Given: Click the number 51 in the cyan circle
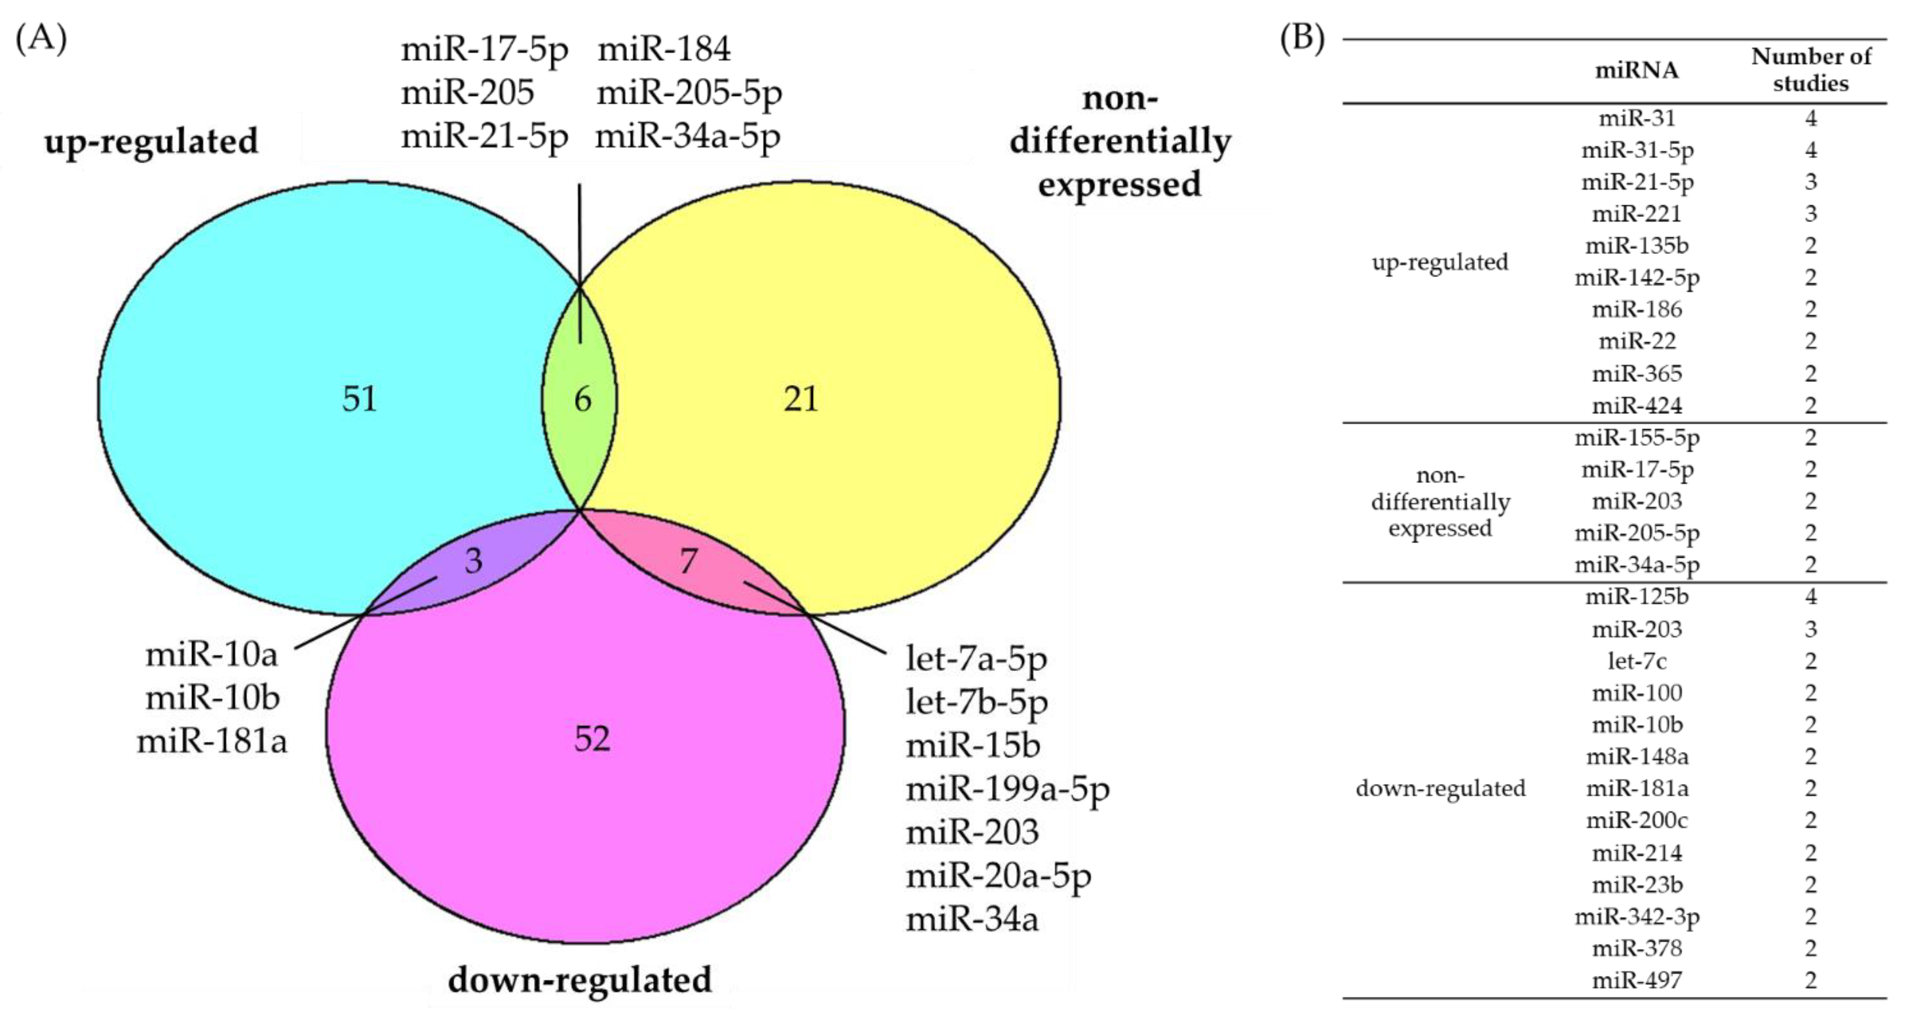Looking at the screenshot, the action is tap(360, 399).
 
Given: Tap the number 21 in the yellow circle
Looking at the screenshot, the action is tap(801, 399).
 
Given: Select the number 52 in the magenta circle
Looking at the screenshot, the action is tap(592, 739).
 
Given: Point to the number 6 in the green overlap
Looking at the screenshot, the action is tap(583, 400).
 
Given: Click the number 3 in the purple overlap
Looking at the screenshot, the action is tap(474, 561).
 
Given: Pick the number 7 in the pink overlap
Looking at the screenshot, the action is tap(688, 561).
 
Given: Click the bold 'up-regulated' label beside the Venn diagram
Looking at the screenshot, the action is tap(151, 141).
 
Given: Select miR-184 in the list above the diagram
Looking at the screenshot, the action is tap(664, 50).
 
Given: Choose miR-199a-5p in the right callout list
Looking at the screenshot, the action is tap(1008, 789).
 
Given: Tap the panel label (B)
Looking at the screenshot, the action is tap(1302, 38).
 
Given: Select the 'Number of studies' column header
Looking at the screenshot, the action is tap(1811, 69).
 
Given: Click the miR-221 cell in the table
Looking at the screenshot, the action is tap(1637, 214).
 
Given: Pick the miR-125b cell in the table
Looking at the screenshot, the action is tap(1637, 596).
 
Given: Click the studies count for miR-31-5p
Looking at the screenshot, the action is tap(1811, 150).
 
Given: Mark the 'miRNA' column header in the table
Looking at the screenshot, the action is tap(1637, 70).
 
